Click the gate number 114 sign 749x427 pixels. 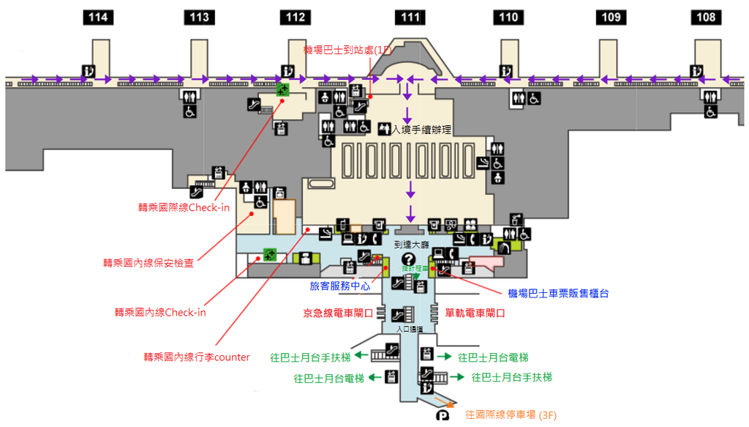(x=99, y=18)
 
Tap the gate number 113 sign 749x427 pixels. (x=198, y=18)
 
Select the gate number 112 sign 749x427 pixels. (x=296, y=18)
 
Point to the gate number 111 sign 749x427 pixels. (x=410, y=18)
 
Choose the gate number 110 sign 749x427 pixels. (x=508, y=18)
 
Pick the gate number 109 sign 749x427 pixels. (x=611, y=18)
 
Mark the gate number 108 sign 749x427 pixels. (x=706, y=18)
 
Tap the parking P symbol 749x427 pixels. (x=443, y=416)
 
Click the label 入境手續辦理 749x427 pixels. (x=421, y=130)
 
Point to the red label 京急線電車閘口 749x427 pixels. (x=338, y=313)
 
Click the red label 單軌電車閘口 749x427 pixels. (x=475, y=313)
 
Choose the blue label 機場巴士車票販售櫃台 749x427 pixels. (x=558, y=293)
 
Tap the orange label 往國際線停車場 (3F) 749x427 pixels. (x=511, y=415)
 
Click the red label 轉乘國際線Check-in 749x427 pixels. (x=184, y=207)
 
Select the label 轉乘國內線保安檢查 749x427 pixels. (x=148, y=262)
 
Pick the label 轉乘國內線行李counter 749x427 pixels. (x=197, y=357)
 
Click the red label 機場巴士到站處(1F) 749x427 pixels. (x=348, y=50)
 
